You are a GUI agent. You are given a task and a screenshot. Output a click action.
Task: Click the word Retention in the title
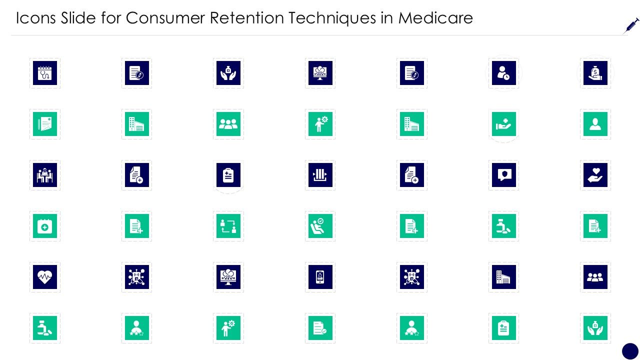[x=247, y=17]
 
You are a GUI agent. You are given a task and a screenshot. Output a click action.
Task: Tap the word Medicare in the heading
[x=435, y=17]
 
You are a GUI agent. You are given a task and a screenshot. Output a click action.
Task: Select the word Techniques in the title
[x=332, y=18]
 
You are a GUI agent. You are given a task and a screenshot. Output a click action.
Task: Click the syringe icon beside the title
[x=631, y=26]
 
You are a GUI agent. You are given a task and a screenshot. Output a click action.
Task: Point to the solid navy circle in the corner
[x=630, y=351]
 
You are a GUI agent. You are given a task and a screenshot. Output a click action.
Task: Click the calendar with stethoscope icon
[x=45, y=73]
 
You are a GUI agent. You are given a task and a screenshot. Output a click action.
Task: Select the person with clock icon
[x=503, y=73]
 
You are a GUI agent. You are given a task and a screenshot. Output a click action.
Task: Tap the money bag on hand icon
[x=595, y=73]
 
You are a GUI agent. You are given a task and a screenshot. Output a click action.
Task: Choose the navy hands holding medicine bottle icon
[x=228, y=73]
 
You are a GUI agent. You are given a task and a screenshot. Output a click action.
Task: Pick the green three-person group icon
[x=228, y=124]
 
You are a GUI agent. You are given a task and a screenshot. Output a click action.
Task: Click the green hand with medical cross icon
[x=503, y=124]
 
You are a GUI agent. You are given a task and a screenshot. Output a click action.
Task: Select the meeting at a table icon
[x=45, y=175]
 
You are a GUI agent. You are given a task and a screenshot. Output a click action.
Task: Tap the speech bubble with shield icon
[x=503, y=175]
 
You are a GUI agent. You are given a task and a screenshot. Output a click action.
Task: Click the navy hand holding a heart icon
[x=595, y=175]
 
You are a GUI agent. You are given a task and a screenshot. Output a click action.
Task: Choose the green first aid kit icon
[x=45, y=226]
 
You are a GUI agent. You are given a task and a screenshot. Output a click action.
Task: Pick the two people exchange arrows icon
[x=228, y=226]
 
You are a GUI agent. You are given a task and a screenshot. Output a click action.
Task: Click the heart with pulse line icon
[x=45, y=277]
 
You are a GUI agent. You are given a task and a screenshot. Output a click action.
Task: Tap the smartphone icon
[x=320, y=277]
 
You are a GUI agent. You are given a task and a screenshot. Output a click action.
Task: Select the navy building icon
[x=503, y=277]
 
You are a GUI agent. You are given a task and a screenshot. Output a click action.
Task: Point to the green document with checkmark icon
[x=320, y=328]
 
